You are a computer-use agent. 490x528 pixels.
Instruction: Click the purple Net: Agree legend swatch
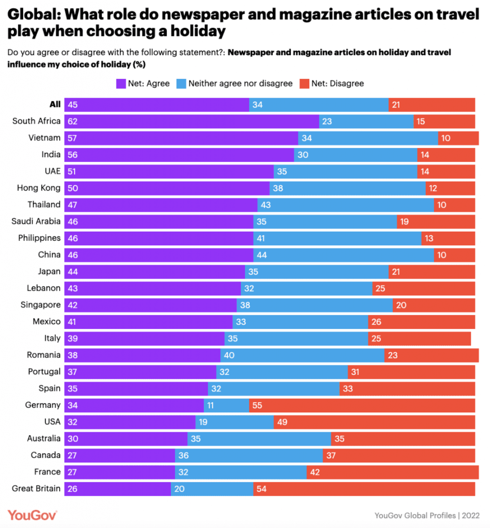(x=121, y=84)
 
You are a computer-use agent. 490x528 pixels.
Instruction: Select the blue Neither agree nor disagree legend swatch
(x=181, y=84)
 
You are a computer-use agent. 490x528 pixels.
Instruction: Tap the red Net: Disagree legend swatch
(x=304, y=84)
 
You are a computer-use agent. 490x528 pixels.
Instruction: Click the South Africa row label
(x=36, y=121)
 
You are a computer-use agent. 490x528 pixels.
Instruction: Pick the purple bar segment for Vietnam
(x=181, y=138)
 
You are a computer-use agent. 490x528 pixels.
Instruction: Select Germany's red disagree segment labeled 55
(x=362, y=405)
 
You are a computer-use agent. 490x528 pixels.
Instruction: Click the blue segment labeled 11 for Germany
(x=226, y=405)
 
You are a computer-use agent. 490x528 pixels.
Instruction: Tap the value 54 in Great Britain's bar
(x=261, y=489)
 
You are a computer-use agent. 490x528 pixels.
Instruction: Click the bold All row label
(x=55, y=104)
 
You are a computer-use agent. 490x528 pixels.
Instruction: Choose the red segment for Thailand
(x=454, y=205)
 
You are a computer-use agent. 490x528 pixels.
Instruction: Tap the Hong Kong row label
(x=39, y=188)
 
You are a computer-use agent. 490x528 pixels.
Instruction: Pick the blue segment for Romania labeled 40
(x=302, y=355)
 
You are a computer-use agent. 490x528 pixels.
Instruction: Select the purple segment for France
(x=120, y=472)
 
